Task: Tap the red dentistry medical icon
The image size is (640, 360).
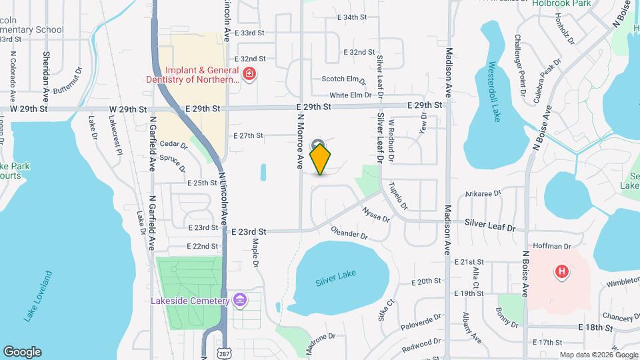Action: (249, 73)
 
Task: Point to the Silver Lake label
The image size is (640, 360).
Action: (336, 277)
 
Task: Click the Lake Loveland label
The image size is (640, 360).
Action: (38, 297)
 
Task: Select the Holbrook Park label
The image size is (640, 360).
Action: (562, 3)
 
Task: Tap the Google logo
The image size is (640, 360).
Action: (22, 352)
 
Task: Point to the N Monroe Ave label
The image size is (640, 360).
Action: (300, 141)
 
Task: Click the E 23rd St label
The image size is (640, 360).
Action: (249, 231)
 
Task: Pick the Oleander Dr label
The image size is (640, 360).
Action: (349, 233)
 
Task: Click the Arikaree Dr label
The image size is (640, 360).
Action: (483, 193)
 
